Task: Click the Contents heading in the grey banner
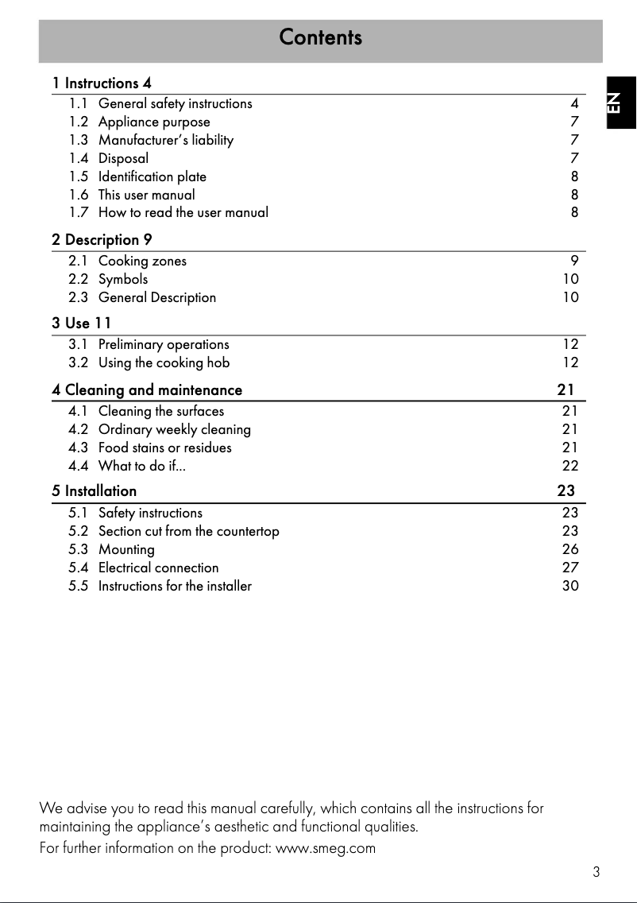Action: (x=320, y=37)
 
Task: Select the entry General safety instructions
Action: (x=175, y=103)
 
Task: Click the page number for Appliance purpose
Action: (x=574, y=122)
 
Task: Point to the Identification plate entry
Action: (x=152, y=176)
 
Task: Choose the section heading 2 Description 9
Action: (x=102, y=239)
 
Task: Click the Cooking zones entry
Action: (x=142, y=261)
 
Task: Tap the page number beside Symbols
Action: (x=569, y=279)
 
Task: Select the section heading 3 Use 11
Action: (x=81, y=323)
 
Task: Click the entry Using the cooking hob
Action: (x=164, y=362)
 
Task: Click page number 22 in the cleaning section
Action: (x=569, y=466)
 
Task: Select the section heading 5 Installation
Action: (x=94, y=491)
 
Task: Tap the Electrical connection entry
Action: (x=158, y=568)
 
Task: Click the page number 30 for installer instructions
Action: (x=569, y=586)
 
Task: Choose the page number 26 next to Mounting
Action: (x=569, y=549)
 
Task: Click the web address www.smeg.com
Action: (x=325, y=848)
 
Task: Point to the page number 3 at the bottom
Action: (x=596, y=872)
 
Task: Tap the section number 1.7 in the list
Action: (x=78, y=212)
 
